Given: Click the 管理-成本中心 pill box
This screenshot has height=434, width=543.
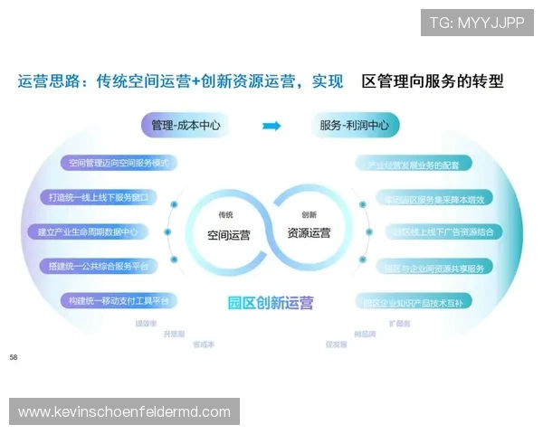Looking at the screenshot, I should (x=187, y=125).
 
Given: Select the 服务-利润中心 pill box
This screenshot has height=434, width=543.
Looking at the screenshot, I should (x=354, y=125).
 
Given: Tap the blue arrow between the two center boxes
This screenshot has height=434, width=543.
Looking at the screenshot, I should (x=271, y=126).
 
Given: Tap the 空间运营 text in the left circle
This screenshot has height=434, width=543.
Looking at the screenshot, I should (x=229, y=233).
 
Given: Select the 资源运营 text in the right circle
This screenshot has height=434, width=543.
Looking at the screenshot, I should (x=309, y=233).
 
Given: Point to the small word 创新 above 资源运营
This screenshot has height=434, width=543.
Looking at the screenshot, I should (x=309, y=215).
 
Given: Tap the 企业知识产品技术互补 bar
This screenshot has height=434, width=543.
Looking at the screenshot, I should (x=423, y=301).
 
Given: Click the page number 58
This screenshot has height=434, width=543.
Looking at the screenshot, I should (x=14, y=358).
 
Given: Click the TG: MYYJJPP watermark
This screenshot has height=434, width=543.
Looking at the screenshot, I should (x=477, y=23).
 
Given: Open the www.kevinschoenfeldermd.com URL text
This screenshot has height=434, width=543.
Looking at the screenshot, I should (x=125, y=412).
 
